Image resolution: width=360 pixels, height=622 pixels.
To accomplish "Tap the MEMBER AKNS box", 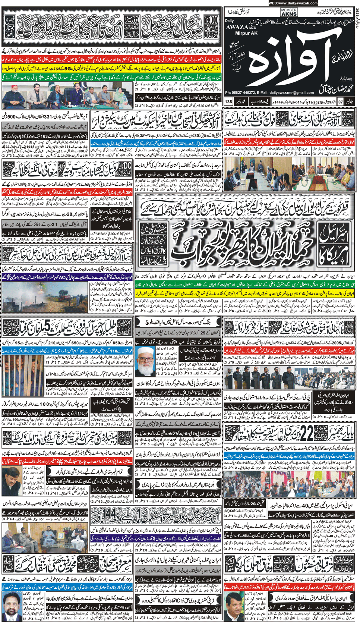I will pyautogui.click(x=289, y=12).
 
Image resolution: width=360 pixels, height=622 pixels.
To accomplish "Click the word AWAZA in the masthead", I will pyautogui.click(x=237, y=27).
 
